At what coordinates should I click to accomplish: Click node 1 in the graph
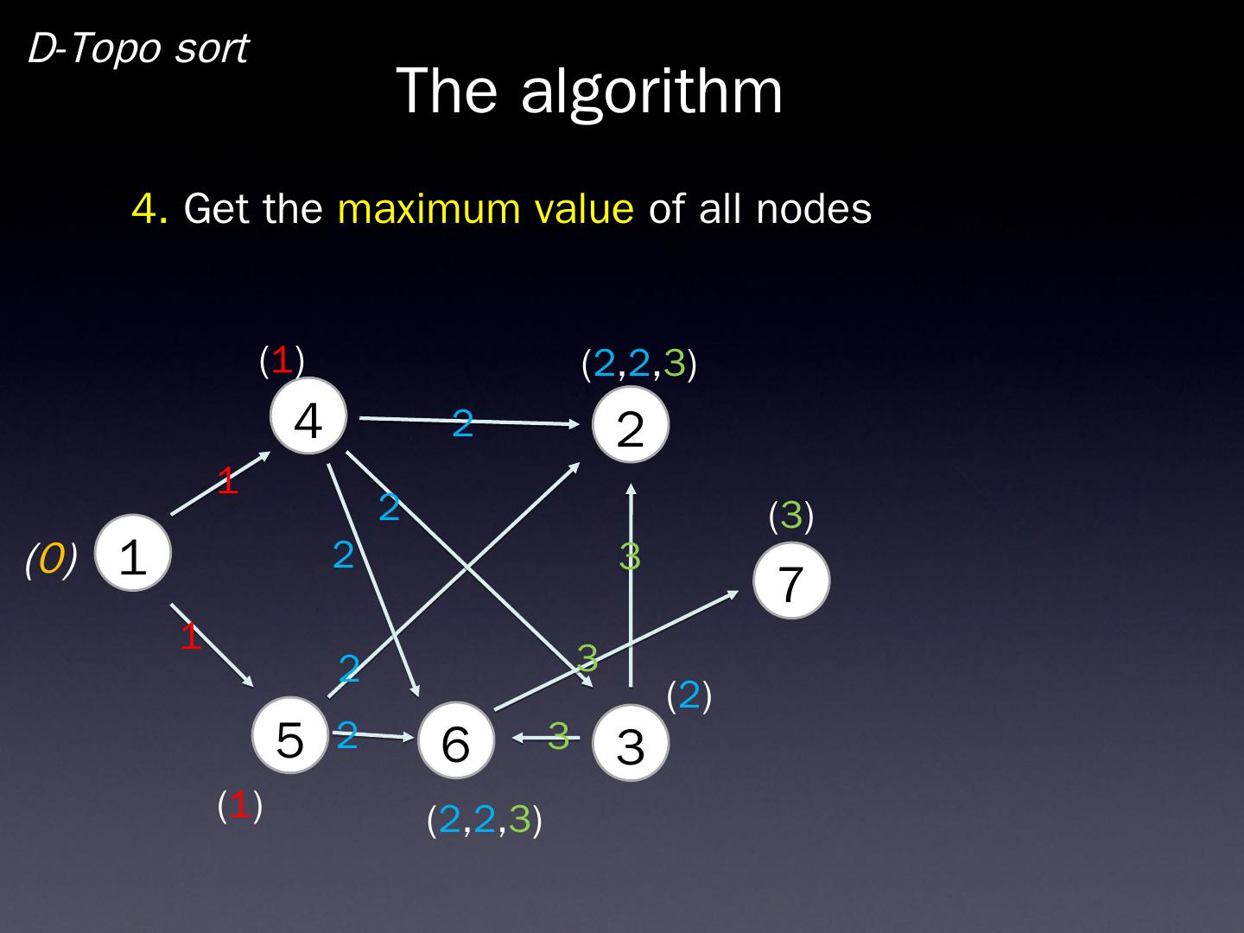pyautogui.click(x=133, y=554)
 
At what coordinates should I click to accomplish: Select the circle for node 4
pyautogui.click(x=308, y=417)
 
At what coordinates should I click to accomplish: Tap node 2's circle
pyautogui.click(x=631, y=426)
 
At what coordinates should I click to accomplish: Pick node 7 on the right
pyautogui.click(x=791, y=581)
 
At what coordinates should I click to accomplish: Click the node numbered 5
pyautogui.click(x=290, y=736)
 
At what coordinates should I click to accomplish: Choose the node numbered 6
pyautogui.click(x=456, y=741)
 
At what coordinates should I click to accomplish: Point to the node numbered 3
pyautogui.click(x=631, y=743)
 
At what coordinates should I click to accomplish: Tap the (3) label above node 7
pyautogui.click(x=791, y=516)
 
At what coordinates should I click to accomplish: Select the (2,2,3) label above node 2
pyautogui.click(x=639, y=365)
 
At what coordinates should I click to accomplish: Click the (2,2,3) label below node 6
pyautogui.click(x=485, y=819)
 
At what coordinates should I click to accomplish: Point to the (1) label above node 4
pyautogui.click(x=282, y=359)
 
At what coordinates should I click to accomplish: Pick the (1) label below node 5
pyautogui.click(x=239, y=805)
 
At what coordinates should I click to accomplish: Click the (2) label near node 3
pyautogui.click(x=689, y=695)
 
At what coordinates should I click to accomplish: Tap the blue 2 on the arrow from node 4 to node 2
pyautogui.click(x=463, y=423)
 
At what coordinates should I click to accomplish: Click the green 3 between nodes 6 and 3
pyautogui.click(x=559, y=735)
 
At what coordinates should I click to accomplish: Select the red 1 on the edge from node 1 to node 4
pyautogui.click(x=227, y=481)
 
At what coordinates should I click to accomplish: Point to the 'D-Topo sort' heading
pyautogui.click(x=138, y=48)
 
